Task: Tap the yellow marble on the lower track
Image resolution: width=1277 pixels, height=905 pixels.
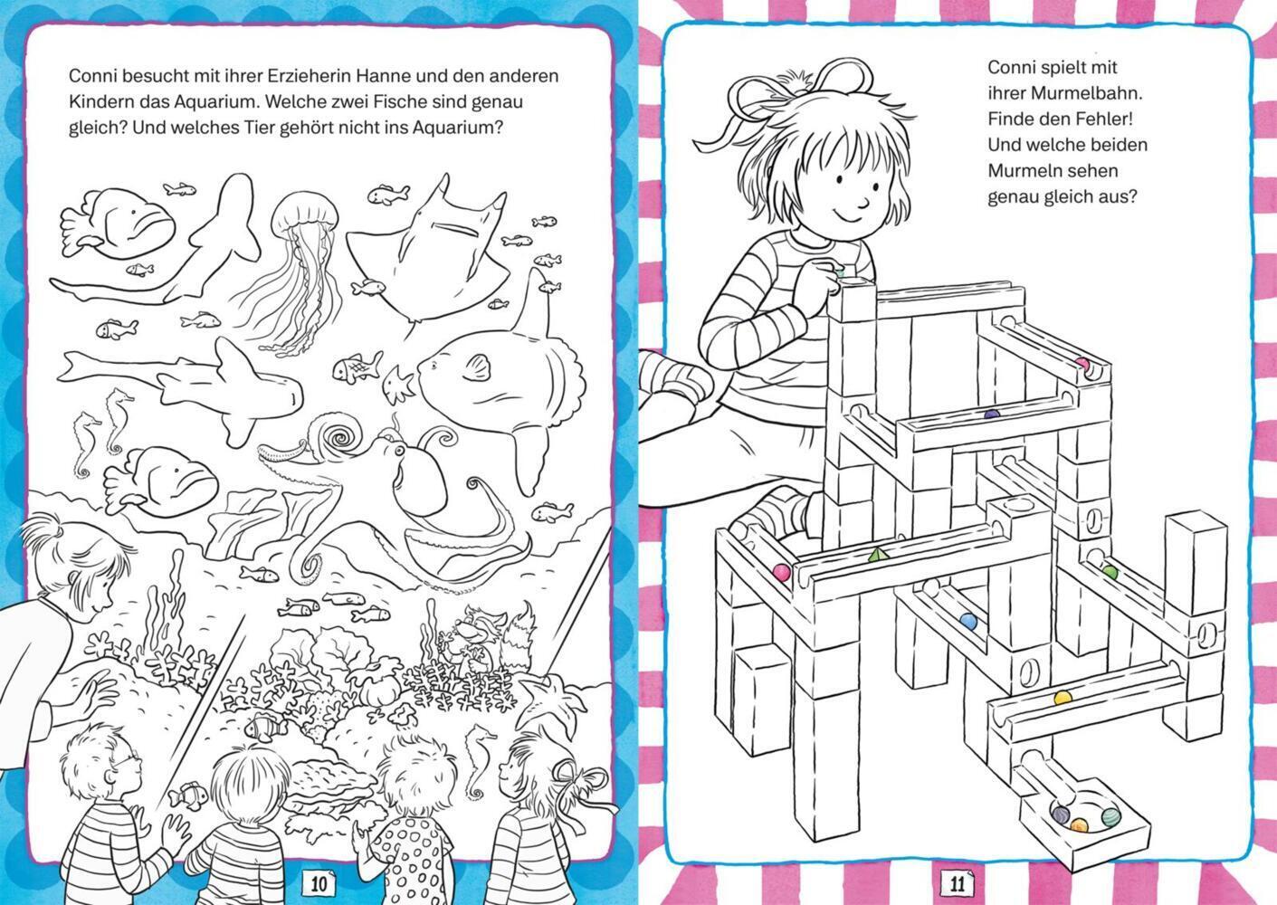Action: tap(1063, 698)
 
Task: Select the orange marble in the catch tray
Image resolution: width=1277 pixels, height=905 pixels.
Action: tap(1078, 825)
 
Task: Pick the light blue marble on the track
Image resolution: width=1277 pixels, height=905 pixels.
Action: tap(967, 620)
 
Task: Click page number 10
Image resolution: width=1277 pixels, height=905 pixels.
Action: tap(318, 884)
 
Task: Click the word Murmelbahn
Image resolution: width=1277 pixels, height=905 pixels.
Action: tap(1072, 93)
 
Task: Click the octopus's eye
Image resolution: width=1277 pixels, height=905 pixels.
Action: tap(399, 451)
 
